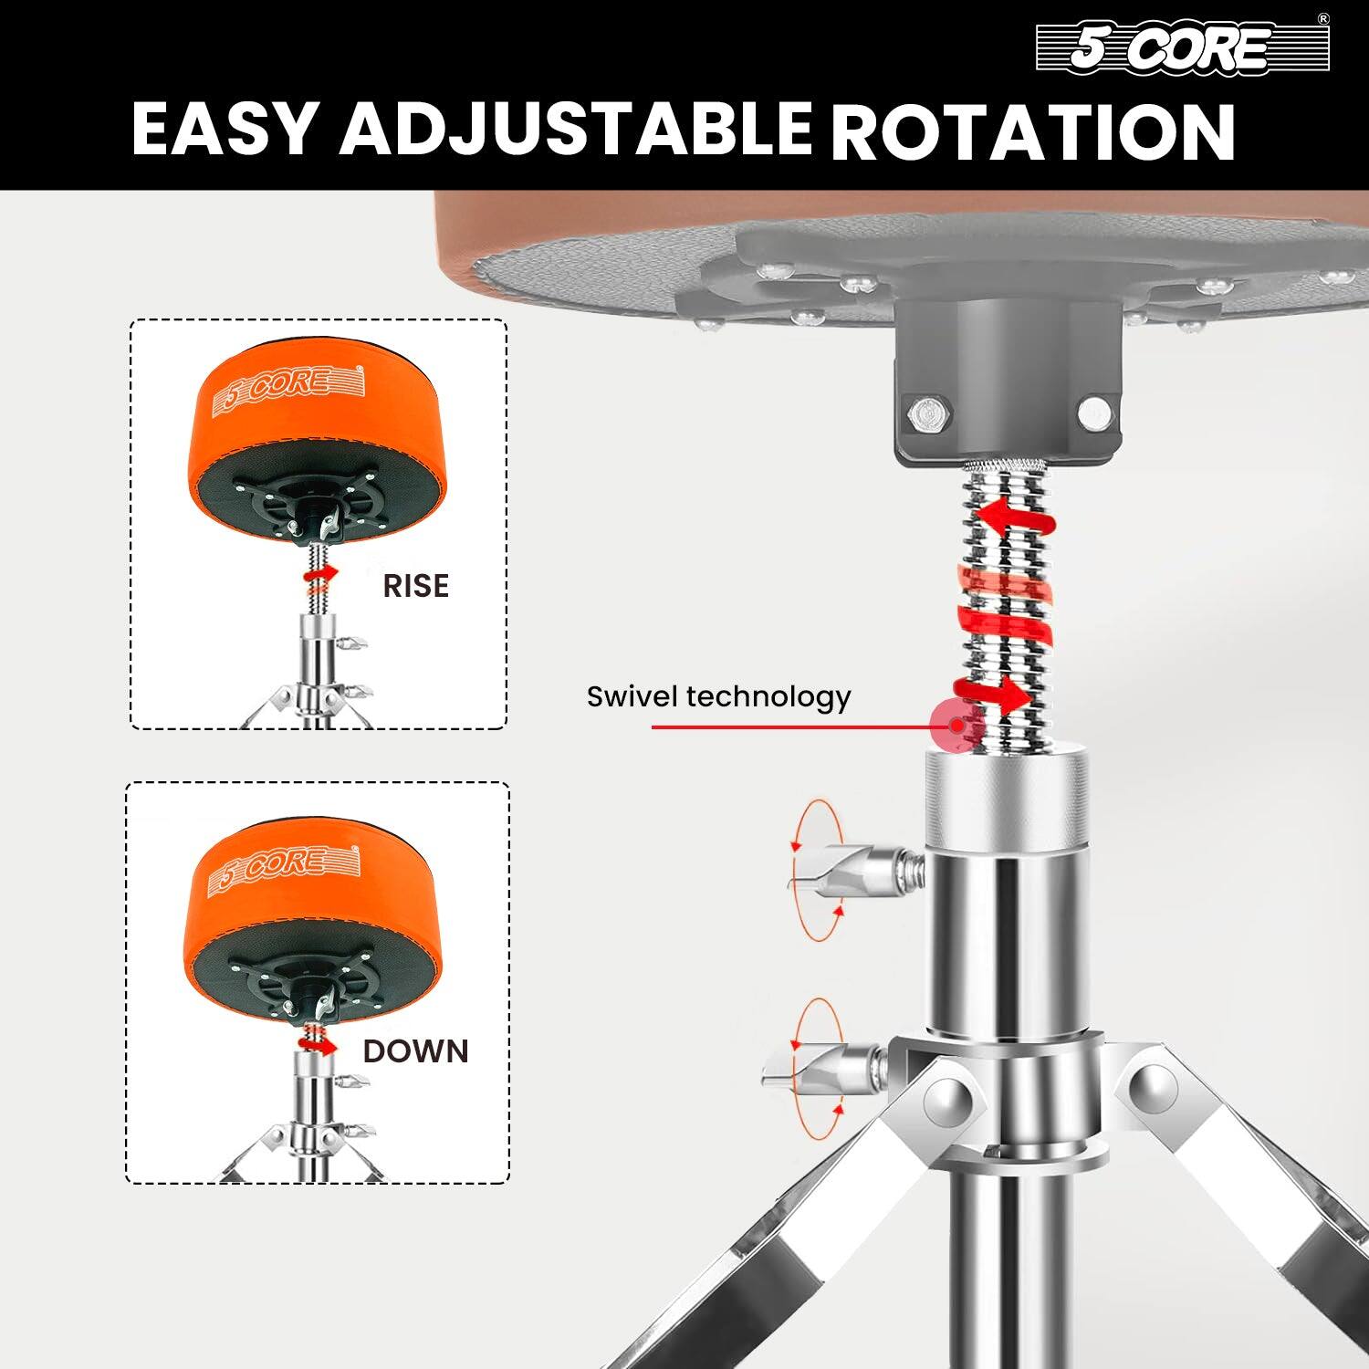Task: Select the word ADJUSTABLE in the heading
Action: pos(576,130)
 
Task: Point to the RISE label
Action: pos(415,585)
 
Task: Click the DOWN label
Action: pos(415,1051)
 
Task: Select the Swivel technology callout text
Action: pos(718,697)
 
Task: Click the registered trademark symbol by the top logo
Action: pos(1322,19)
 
